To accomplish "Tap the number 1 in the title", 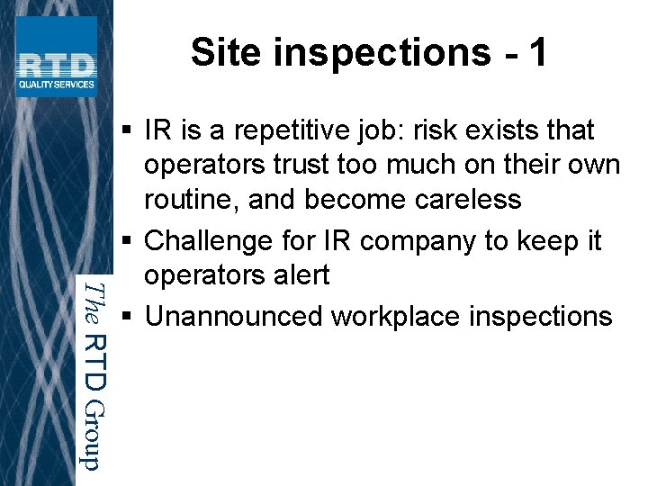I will click(537, 52).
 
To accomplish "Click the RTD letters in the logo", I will click(56, 65).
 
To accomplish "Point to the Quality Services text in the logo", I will click(56, 85).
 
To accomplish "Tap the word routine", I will click(189, 199).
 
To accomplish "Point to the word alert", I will click(298, 274).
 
